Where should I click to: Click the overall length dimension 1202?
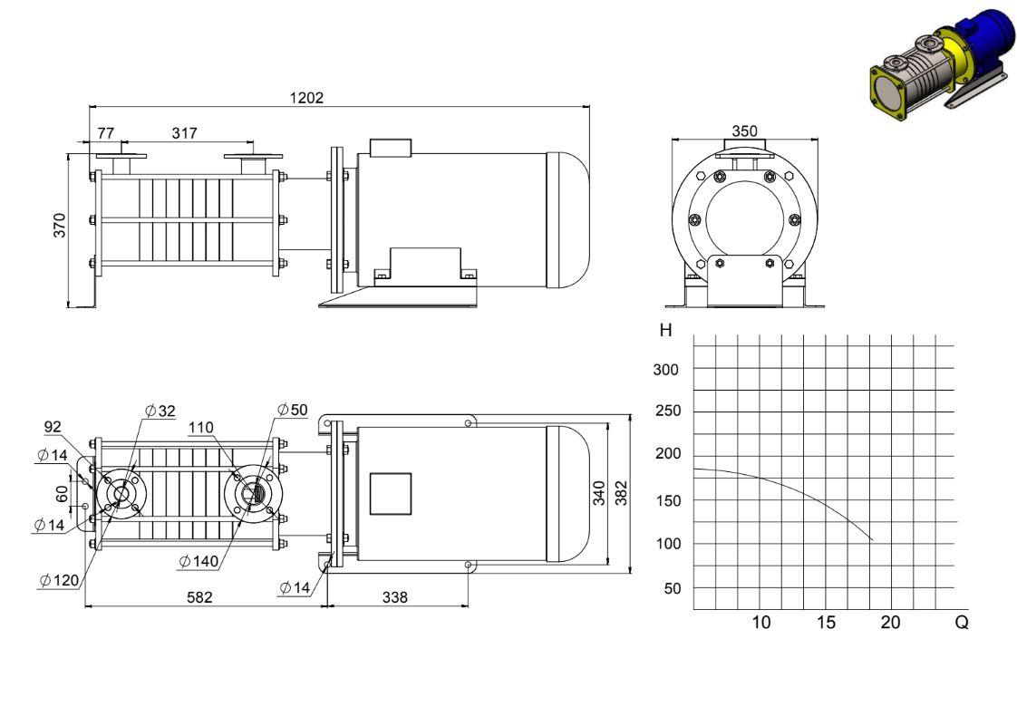tap(306, 98)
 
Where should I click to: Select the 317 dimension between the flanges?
tap(184, 133)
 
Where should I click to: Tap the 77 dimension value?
tap(106, 133)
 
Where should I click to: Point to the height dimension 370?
tap(60, 225)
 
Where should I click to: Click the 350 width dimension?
tap(744, 131)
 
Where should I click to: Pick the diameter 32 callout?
tap(160, 411)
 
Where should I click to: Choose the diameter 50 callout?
tap(293, 410)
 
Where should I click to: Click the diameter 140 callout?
tap(199, 561)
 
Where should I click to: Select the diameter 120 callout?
tap(59, 580)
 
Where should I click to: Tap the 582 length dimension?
tap(199, 597)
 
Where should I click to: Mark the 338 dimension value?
tap(395, 597)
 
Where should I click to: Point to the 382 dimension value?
tap(622, 493)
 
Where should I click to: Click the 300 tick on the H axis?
tap(665, 370)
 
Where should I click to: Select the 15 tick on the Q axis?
tap(826, 622)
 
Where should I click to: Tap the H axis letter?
tap(665, 330)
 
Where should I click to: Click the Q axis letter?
tap(962, 622)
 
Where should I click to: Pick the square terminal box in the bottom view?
tap(391, 494)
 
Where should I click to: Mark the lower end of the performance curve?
tap(872, 540)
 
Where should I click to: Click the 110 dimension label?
tap(201, 428)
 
